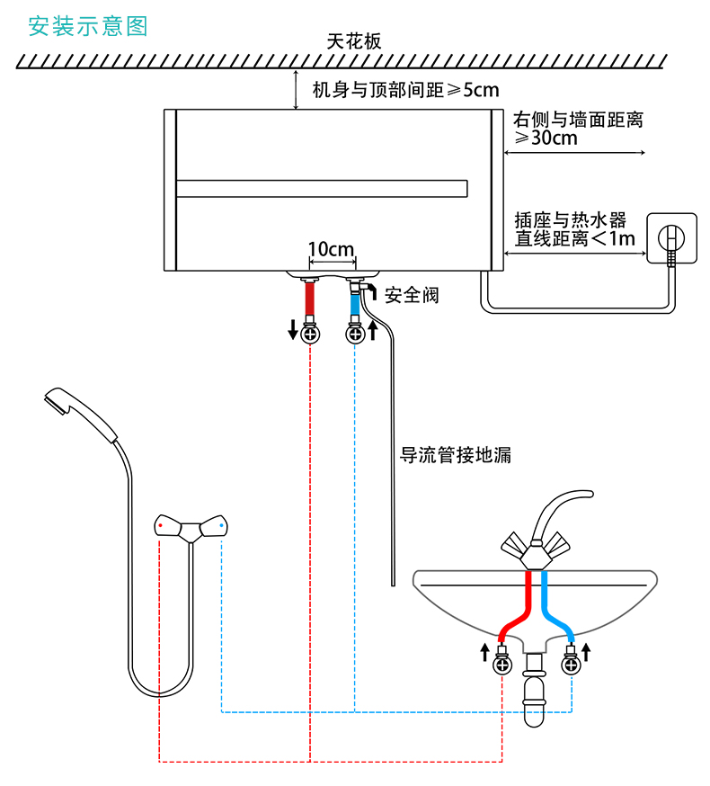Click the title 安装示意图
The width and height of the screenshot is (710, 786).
click(88, 26)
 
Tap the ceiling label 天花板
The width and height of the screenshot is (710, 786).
click(354, 41)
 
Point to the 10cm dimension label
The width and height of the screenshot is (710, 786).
click(332, 249)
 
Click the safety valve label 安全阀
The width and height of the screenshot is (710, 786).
click(412, 295)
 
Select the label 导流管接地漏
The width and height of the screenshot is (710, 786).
click(455, 455)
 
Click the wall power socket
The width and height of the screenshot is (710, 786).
click(671, 238)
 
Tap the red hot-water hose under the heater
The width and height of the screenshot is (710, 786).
click(310, 299)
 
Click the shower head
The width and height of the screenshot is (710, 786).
click(80, 414)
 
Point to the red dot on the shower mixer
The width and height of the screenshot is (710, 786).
click(160, 526)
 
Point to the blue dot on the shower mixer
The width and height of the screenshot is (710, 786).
click(221, 526)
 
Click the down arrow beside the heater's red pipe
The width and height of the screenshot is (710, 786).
click(293, 330)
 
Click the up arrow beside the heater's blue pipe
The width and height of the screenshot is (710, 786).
click(373, 330)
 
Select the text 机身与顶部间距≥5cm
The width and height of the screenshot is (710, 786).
click(406, 90)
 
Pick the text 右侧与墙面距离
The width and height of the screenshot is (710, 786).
click(578, 120)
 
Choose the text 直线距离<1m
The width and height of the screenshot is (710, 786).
click(574, 238)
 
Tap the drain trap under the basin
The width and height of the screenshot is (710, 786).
click(534, 689)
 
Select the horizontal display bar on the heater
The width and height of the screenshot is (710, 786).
click(322, 189)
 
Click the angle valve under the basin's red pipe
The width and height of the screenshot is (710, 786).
click(502, 661)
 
